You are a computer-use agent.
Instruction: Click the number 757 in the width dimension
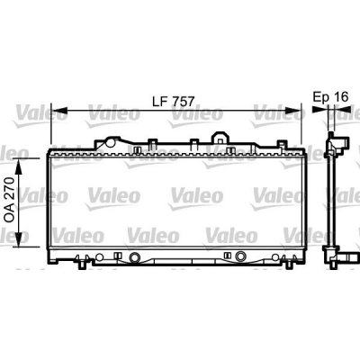(x=183, y=102)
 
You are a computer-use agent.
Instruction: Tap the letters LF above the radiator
(x=160, y=102)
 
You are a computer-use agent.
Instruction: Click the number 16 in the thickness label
(x=341, y=97)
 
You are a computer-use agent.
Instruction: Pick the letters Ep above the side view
(x=320, y=98)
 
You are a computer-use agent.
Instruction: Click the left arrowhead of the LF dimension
(x=59, y=110)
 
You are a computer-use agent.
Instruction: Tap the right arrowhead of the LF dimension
(x=292, y=110)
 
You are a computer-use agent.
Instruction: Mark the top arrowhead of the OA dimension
(x=19, y=166)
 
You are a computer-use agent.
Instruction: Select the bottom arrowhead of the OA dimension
(x=19, y=239)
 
